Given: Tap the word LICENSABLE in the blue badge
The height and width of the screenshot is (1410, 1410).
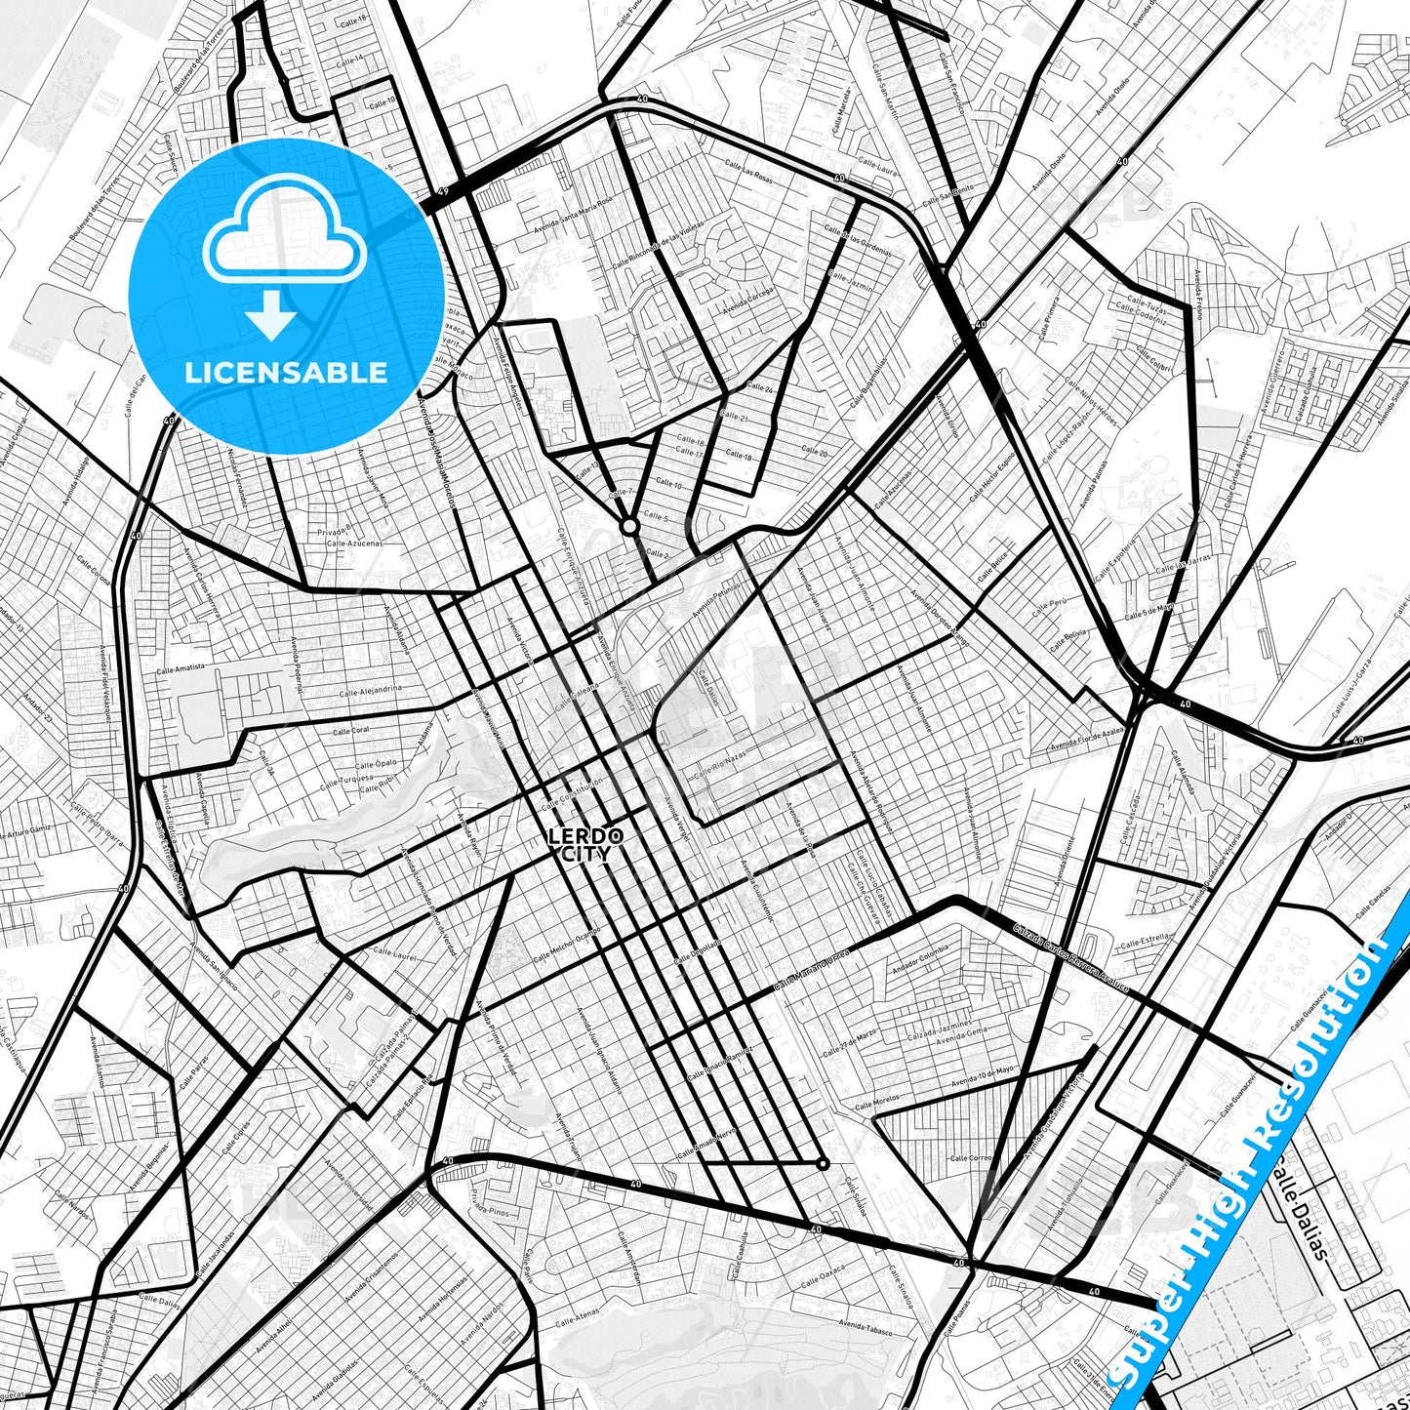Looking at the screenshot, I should coord(286,373).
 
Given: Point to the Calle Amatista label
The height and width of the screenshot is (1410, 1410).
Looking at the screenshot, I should coord(182,669).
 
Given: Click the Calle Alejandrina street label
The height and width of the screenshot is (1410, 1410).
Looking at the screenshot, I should coord(371,690).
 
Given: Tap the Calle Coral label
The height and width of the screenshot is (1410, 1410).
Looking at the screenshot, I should coord(351,731).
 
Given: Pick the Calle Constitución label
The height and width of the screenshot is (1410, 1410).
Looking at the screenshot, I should coord(573,791).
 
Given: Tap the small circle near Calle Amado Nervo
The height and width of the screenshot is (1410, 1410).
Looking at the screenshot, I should coord(823,1163).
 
